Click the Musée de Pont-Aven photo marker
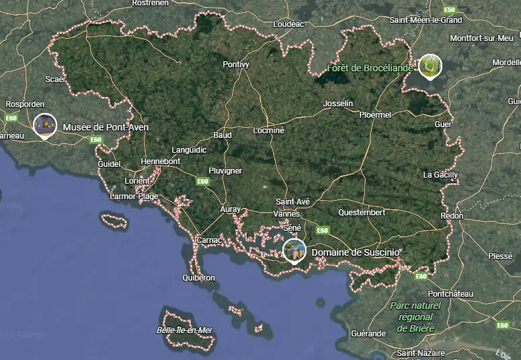click(44, 125)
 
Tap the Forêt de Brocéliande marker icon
click(430, 66)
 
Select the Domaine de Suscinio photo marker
click(294, 250)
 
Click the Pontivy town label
click(236, 65)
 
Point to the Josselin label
click(337, 104)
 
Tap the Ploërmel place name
click(375, 114)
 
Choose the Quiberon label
click(198, 277)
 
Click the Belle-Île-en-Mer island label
click(184, 330)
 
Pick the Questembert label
click(362, 213)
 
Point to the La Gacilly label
click(440, 175)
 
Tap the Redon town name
click(452, 216)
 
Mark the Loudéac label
click(289, 24)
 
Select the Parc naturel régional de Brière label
click(415, 317)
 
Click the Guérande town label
click(369, 333)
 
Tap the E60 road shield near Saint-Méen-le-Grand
click(450, 9)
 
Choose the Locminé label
click(268, 130)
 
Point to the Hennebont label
click(160, 161)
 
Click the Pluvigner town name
click(225, 171)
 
